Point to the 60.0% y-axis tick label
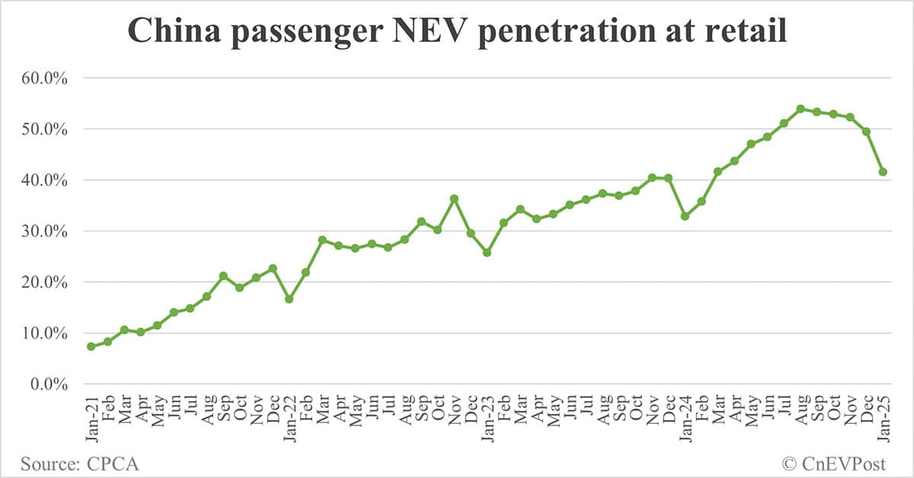tap(45, 79)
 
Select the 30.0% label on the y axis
tap(45, 231)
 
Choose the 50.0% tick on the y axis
tap(45, 130)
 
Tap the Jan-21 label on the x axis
tap(91, 419)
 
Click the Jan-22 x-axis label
tap(289, 419)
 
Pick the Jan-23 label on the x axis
tap(487, 419)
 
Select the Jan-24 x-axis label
tap(685, 419)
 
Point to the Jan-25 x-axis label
tap(883, 419)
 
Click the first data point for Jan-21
tap(91, 346)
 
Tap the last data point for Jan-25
tap(883, 172)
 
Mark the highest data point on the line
tap(801, 109)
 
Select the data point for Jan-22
tap(289, 299)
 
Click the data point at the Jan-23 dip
tap(487, 252)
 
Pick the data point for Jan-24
tap(685, 217)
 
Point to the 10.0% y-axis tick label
tap(45, 333)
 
